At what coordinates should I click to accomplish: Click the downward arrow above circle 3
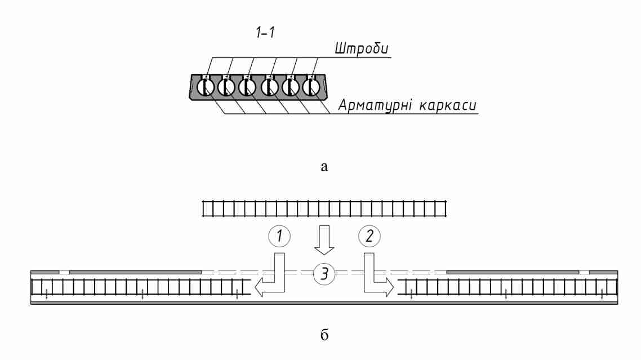coord(324,240)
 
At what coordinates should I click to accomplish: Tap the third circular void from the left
coord(247,87)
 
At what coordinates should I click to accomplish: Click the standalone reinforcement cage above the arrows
coord(324,210)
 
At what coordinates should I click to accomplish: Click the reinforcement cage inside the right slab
coord(507,287)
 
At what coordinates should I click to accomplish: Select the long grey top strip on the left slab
coord(135,272)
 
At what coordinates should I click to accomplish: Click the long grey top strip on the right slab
coord(513,272)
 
